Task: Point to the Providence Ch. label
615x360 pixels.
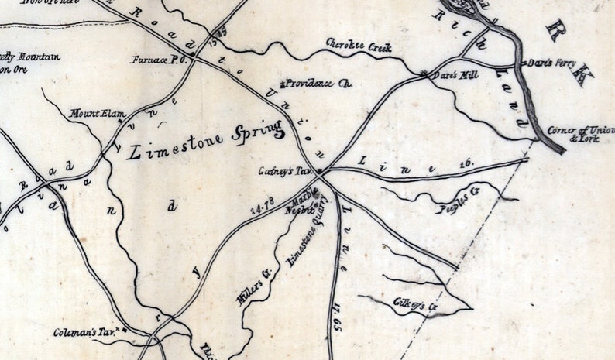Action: point(318,83)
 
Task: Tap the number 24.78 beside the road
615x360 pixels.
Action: point(261,206)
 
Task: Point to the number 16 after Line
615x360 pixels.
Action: point(466,163)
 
